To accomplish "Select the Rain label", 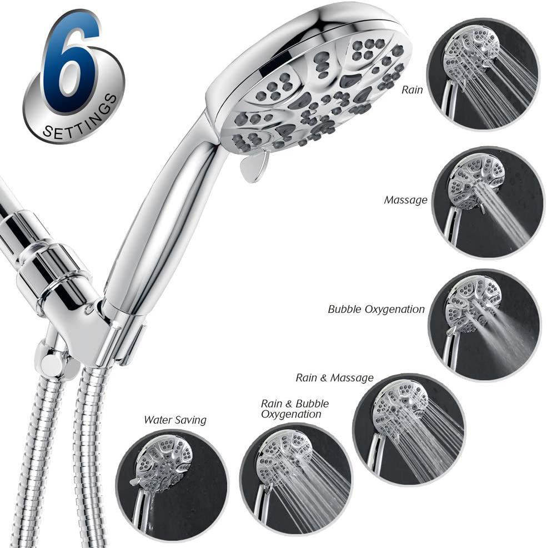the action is point(412,90).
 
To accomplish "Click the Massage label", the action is point(405,200).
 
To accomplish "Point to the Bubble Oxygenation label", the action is point(376,310).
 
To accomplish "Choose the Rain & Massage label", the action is point(335,378).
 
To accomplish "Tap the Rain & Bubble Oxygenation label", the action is point(295,409).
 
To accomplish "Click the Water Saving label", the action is point(175,420).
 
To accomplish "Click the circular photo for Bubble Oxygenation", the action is point(484,325).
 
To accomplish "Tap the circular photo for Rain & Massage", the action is point(409,429).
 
